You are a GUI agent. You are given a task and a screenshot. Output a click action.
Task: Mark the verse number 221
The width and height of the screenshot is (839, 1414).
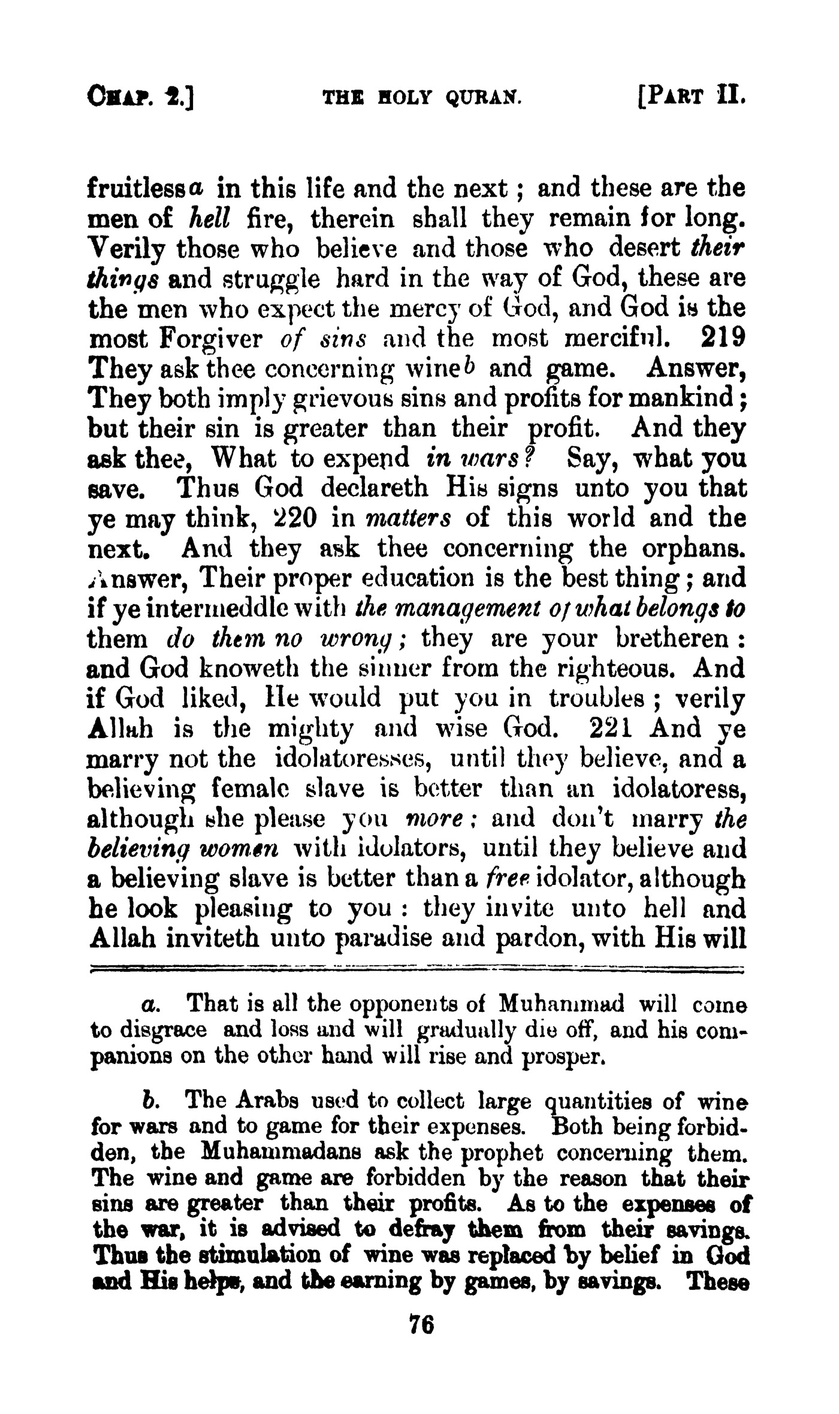(609, 728)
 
